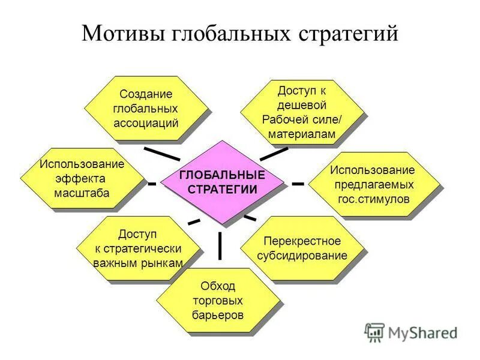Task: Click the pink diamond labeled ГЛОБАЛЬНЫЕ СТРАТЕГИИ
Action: [223, 182]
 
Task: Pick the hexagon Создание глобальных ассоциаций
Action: [146, 109]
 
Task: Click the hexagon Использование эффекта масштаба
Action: [82, 179]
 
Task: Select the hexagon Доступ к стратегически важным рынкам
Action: [138, 248]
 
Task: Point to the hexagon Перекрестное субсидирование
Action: [302, 248]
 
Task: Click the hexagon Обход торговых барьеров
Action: [218, 299]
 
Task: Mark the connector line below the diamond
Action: [220, 245]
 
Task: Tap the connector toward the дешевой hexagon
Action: [274, 154]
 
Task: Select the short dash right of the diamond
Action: [298, 182]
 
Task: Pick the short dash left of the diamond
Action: [152, 182]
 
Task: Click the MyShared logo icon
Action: [374, 332]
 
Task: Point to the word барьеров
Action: [218, 314]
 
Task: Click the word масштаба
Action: [82, 193]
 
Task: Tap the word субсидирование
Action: [302, 256]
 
